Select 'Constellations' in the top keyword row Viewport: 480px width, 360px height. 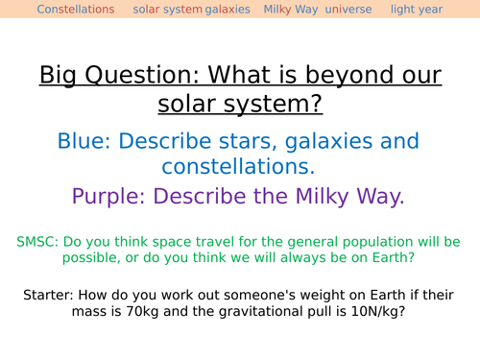[x=75, y=10]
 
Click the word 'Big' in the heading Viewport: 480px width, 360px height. [x=60, y=75]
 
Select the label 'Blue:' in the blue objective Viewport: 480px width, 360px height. [x=86, y=142]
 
